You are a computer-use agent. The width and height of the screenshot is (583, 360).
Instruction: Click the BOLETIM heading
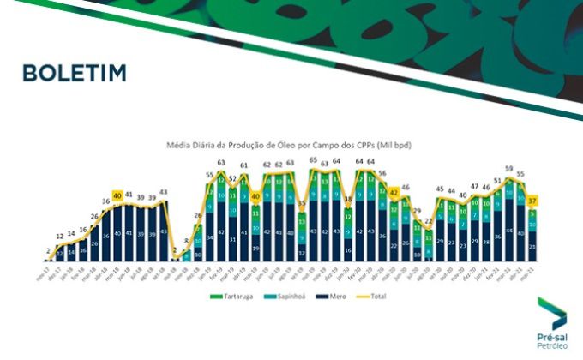click(x=75, y=73)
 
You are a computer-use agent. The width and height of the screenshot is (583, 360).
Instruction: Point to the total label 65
click(x=313, y=160)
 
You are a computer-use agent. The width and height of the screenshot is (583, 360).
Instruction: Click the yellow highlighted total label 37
click(x=532, y=201)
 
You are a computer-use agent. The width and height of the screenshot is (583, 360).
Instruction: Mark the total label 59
click(x=509, y=169)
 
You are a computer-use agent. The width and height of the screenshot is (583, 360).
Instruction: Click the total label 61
click(x=243, y=165)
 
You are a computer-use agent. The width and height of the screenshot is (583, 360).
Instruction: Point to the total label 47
click(x=474, y=186)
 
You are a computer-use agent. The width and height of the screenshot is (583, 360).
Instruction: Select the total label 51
click(x=497, y=181)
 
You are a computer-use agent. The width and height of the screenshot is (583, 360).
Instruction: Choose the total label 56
click(x=382, y=173)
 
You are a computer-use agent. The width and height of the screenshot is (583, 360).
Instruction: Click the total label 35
click(x=302, y=204)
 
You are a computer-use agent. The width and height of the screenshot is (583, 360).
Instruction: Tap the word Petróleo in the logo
click(x=551, y=337)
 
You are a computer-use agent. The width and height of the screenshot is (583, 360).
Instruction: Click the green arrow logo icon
click(x=550, y=308)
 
